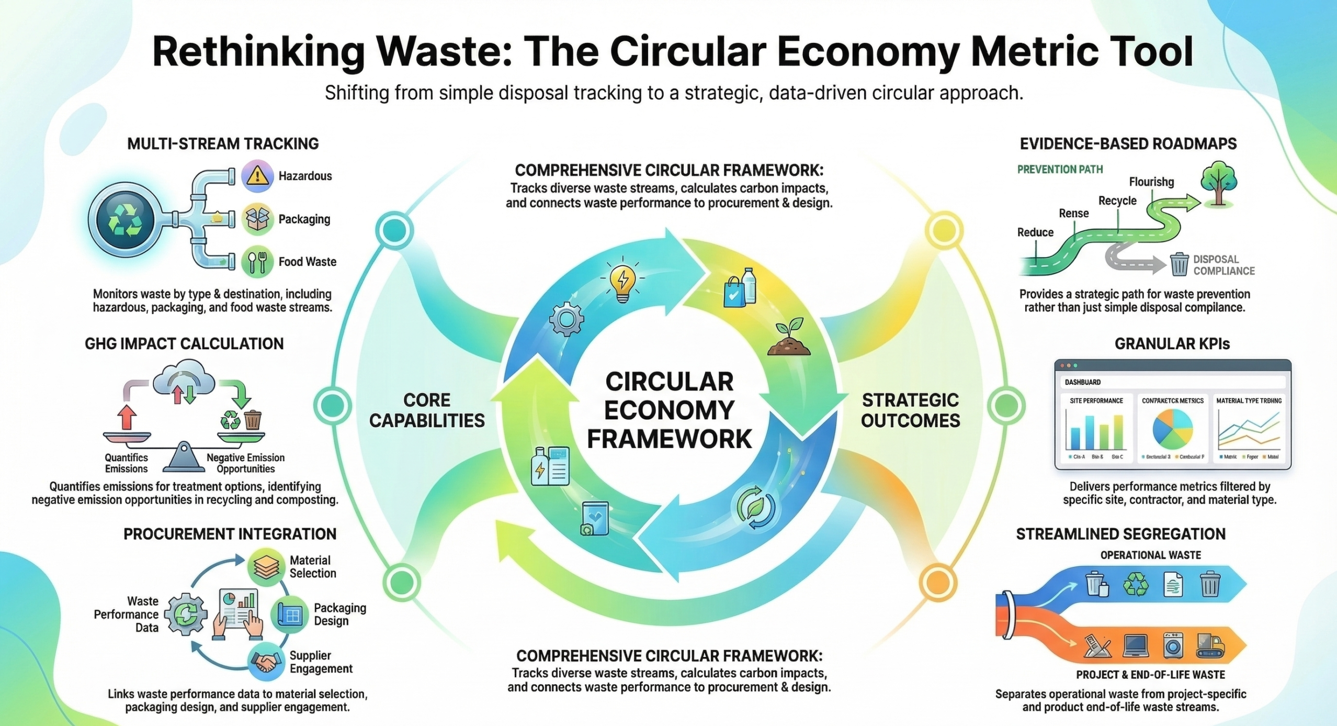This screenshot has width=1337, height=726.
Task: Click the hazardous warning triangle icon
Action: [257, 176]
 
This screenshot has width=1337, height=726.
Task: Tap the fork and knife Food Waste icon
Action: [257, 262]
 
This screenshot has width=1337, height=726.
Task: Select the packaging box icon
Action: [257, 219]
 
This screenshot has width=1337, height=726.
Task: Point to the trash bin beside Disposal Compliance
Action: [1179, 264]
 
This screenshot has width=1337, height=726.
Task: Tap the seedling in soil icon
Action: [789, 338]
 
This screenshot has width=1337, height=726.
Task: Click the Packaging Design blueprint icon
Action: [290, 615]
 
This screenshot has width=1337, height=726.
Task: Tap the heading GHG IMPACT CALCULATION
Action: [184, 344]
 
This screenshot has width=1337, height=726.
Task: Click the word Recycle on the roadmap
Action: [1117, 201]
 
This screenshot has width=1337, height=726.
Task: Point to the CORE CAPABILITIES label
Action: [427, 410]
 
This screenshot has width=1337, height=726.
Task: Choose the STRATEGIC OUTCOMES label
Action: [910, 410]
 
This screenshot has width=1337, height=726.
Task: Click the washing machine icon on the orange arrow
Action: [1173, 645]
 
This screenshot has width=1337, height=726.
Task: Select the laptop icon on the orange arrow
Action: [1135, 646]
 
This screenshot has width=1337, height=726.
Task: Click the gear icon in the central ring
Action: [566, 318]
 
